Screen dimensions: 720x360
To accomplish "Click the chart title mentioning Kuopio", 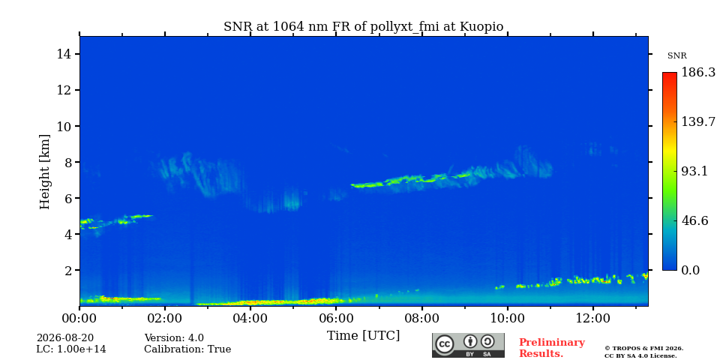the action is (363, 27).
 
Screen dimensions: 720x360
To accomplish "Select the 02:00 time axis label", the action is (165, 318).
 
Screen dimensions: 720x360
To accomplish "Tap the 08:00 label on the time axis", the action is (421, 318).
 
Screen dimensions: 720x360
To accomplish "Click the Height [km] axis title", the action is (44, 172).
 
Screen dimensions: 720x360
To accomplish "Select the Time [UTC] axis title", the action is (363, 336).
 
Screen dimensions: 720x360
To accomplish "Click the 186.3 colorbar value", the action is (698, 73).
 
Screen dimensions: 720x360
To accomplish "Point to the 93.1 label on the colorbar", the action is (694, 171).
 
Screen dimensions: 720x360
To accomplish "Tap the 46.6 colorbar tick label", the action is (694, 220).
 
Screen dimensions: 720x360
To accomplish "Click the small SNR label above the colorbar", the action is (676, 56).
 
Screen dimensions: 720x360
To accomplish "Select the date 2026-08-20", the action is (65, 338).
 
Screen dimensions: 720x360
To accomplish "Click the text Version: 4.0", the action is (174, 338).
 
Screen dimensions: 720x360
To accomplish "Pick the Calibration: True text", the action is (187, 349).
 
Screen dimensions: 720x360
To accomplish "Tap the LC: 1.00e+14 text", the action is (71, 349).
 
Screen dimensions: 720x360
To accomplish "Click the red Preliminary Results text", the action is (552, 348).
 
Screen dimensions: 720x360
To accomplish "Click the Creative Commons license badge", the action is (468, 345).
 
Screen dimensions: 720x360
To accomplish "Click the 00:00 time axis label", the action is (79, 318).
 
